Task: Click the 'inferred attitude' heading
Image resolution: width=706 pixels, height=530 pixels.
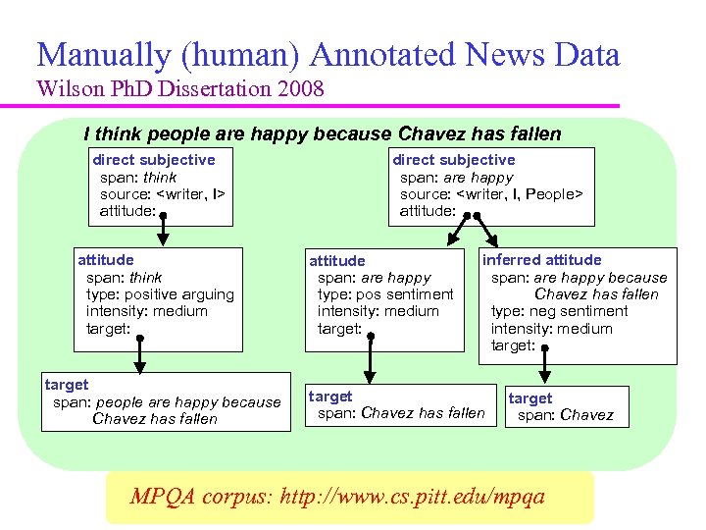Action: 541,259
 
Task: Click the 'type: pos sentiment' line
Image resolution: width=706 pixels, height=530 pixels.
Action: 385,294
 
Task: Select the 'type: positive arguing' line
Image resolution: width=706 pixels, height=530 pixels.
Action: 160,294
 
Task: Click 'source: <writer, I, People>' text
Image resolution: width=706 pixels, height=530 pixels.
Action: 491,194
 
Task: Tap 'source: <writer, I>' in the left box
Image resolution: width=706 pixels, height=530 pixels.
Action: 163,194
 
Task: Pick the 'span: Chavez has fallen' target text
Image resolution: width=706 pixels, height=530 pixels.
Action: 401,413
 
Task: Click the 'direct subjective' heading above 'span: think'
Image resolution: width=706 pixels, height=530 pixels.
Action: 153,159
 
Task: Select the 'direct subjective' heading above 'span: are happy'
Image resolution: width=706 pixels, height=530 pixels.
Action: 453,159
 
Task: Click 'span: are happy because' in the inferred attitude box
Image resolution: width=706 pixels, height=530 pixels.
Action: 579,278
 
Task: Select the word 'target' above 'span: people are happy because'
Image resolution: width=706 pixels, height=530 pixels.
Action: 67,385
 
